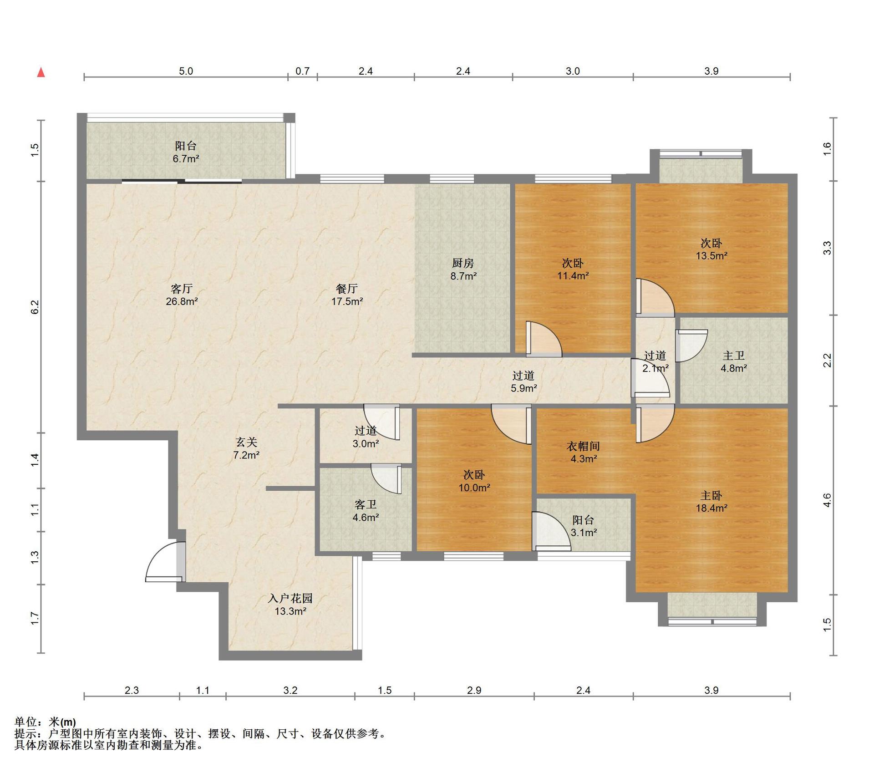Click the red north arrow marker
pyautogui.click(x=41, y=72)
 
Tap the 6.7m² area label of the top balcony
pyautogui.click(x=186, y=159)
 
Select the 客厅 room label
pyautogui.click(x=182, y=289)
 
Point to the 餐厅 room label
pyautogui.click(x=347, y=289)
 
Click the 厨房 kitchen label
pyautogui.click(x=463, y=263)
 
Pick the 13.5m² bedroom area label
pyautogui.click(x=711, y=256)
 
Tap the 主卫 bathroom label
pyautogui.click(x=734, y=356)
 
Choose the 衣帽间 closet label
pyautogui.click(x=584, y=447)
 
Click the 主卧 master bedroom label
pyautogui.click(x=711, y=496)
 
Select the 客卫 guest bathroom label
pyautogui.click(x=366, y=505)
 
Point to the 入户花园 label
pyautogui.click(x=290, y=599)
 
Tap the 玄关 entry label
pyautogui.click(x=246, y=442)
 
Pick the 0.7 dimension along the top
pyautogui.click(x=303, y=71)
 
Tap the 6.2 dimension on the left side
pyautogui.click(x=35, y=307)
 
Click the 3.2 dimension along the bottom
pyautogui.click(x=290, y=690)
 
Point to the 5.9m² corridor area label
pyautogui.click(x=523, y=388)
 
